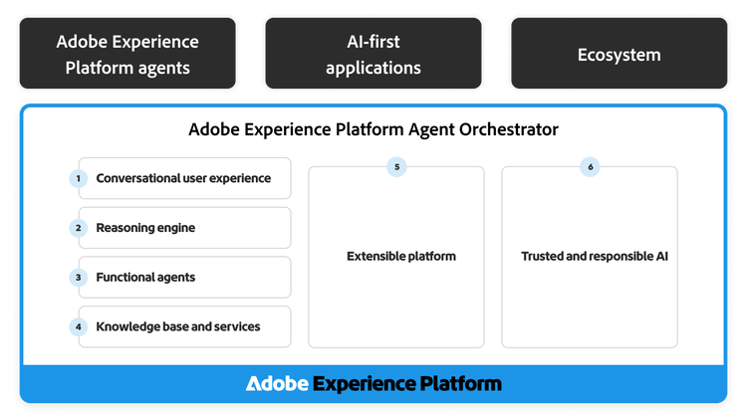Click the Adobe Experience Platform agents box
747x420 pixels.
click(x=127, y=55)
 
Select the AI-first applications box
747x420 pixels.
click(x=374, y=55)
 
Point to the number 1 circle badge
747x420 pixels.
click(x=78, y=178)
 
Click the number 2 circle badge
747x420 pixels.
click(x=78, y=228)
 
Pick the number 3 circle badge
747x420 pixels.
click(x=78, y=278)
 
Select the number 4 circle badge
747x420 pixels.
click(x=78, y=326)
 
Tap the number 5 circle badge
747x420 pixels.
click(x=396, y=167)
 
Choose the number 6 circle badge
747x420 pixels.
click(x=590, y=167)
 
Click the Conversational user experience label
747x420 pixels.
click(x=183, y=178)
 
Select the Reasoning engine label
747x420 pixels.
click(x=145, y=228)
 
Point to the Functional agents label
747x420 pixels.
click(x=145, y=278)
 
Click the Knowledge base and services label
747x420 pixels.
click(x=177, y=326)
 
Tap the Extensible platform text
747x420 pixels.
click(x=400, y=257)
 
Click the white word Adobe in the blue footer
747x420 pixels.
click(x=277, y=384)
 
